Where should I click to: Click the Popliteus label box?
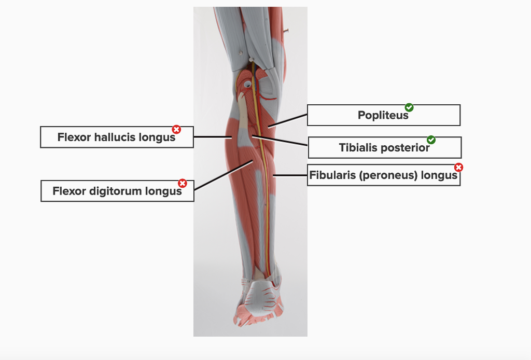coord(383,115)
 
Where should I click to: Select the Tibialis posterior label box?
coord(384,148)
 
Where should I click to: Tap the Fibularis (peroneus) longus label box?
coord(383,175)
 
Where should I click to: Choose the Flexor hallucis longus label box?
coord(117,137)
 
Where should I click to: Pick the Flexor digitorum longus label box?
coord(117,191)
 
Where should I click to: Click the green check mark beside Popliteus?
coord(409,107)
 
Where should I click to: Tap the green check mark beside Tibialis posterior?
coord(431,140)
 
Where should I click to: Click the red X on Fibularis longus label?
coord(458,167)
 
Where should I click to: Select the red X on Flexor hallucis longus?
coord(176,129)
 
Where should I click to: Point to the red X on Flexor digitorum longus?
coord(183,183)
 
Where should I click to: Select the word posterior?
coord(405,148)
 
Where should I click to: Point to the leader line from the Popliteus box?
coord(288,120)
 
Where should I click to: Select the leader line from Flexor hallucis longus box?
coord(213,137)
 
